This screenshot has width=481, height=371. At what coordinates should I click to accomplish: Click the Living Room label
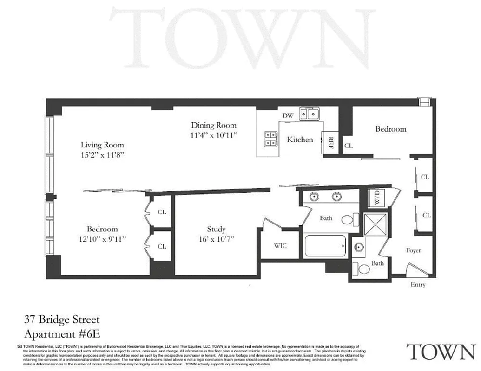click(102, 145)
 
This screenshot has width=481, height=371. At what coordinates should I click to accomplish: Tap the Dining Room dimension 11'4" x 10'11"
click(214, 135)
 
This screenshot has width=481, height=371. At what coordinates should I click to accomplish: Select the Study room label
click(216, 229)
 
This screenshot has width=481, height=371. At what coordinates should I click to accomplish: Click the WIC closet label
click(280, 245)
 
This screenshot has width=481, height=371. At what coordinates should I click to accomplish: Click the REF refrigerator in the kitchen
click(330, 142)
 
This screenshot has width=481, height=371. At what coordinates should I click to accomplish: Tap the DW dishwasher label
click(287, 115)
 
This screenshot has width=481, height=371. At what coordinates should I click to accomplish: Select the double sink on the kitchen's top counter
click(309, 114)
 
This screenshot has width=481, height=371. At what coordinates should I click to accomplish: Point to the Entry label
click(417, 284)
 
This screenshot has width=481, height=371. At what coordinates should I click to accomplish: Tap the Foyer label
click(413, 250)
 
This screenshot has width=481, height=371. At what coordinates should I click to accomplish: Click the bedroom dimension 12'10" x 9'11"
click(102, 239)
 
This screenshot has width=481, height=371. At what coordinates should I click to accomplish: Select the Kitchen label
click(300, 140)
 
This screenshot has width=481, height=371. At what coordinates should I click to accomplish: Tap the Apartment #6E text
click(62, 333)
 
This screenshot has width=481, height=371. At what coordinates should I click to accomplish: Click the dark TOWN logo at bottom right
click(441, 352)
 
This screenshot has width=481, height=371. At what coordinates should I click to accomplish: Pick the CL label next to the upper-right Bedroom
click(349, 146)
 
